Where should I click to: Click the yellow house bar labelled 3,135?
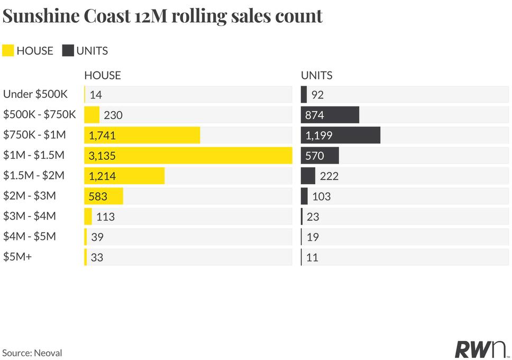point(188,155)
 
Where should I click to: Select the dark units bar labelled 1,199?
point(341,135)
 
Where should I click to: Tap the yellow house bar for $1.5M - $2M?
point(124,176)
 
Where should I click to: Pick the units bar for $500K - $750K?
point(330,115)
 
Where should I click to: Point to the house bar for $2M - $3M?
point(104,196)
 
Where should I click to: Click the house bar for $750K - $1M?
point(142,135)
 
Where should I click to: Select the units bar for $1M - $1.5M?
point(320,155)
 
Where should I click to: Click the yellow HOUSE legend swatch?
point(8,51)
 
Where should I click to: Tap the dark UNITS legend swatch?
point(68,51)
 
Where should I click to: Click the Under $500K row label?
point(35,94)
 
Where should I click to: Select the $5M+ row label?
point(17,257)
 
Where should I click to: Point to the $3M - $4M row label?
point(30,216)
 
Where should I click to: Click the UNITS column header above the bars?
point(317,76)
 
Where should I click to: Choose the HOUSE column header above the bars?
point(103,76)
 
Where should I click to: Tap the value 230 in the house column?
point(113,115)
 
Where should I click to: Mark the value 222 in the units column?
point(329,176)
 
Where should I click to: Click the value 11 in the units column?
point(312,258)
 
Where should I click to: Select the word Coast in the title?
point(107,16)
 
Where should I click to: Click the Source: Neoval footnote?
point(32,353)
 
